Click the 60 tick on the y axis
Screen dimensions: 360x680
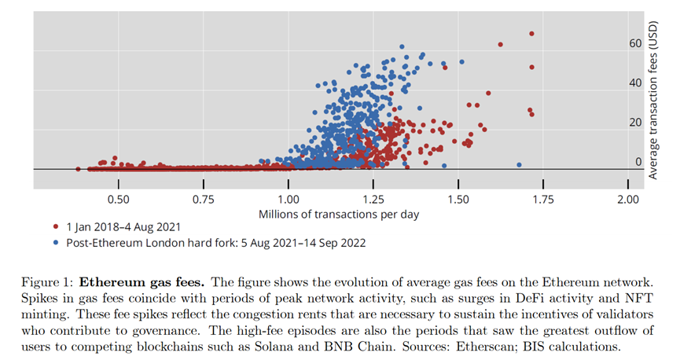(x=635, y=44)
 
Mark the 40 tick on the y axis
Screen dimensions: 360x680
(x=635, y=83)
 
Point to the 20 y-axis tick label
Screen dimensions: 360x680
(x=635, y=123)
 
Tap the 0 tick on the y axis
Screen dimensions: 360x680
(x=638, y=162)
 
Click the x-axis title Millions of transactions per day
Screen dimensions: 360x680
(x=339, y=213)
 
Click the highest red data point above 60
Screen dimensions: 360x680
(x=532, y=34)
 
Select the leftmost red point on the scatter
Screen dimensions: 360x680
(x=78, y=168)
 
